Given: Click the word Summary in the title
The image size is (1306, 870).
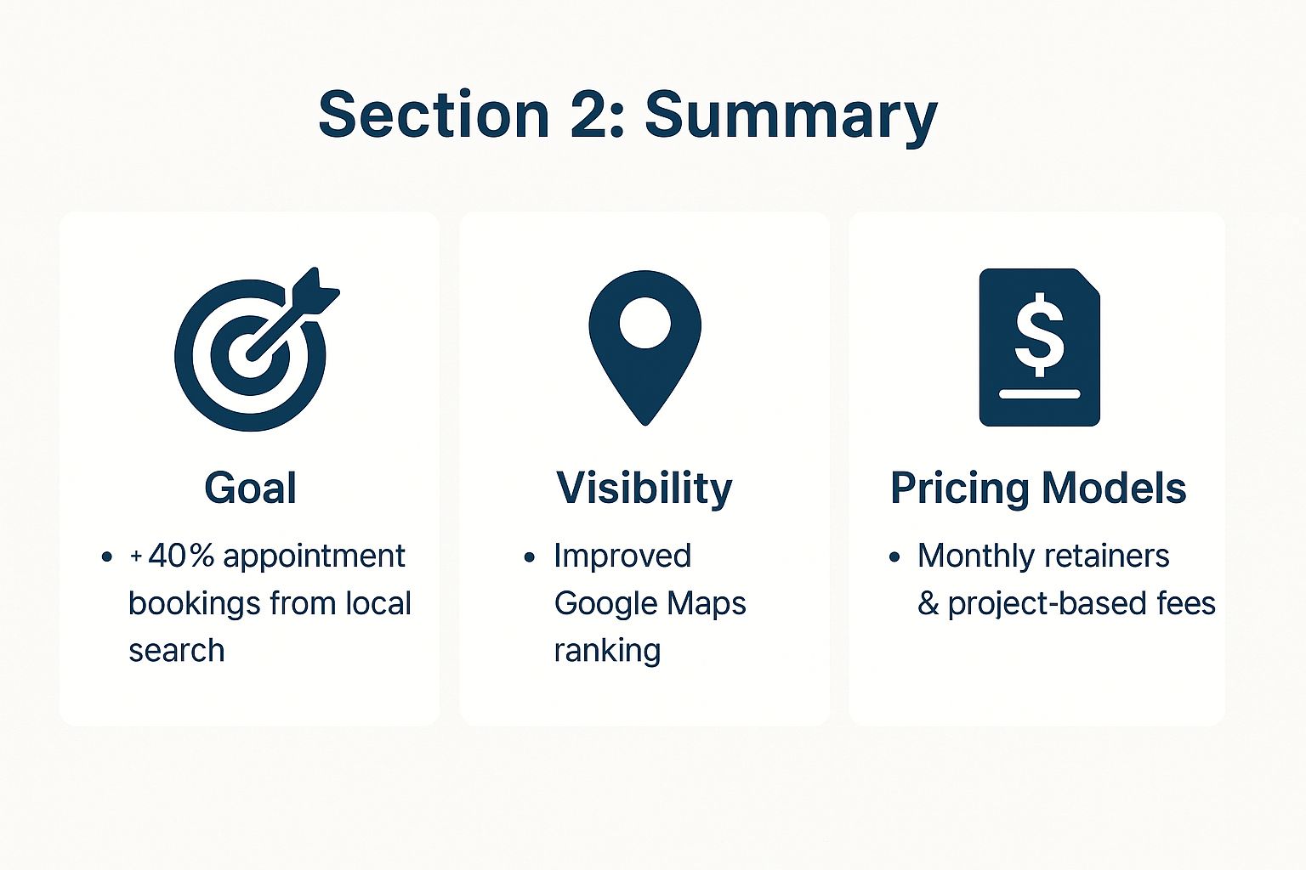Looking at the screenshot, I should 791,116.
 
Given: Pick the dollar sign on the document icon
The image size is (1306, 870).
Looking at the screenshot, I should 1039,334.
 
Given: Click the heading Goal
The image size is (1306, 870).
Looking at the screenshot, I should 250,488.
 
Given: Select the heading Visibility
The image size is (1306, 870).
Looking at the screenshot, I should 644,488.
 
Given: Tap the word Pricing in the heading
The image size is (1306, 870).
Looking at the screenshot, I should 958,489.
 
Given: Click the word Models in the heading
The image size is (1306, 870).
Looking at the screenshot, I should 1114,488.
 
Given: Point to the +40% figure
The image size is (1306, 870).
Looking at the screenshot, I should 172,556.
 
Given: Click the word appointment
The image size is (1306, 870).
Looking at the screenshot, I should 314,556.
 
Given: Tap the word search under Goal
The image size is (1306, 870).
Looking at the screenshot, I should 177,651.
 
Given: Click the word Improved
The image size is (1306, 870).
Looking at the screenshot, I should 622,556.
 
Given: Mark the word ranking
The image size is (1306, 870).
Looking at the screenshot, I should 607,651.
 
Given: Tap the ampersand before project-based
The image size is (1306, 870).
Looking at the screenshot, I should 928,604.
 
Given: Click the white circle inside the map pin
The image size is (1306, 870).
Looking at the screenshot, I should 644,323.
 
